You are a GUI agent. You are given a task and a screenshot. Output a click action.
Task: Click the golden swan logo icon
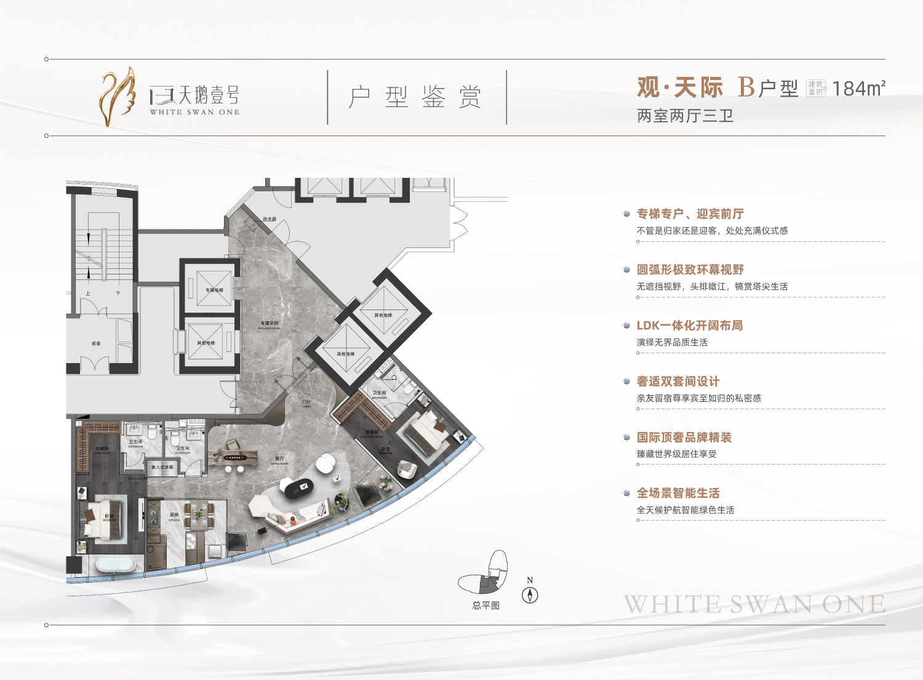tap(118, 97)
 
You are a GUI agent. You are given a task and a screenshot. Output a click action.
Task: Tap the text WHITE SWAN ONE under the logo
tap(194, 112)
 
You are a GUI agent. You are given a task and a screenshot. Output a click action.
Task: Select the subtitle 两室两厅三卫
tap(685, 116)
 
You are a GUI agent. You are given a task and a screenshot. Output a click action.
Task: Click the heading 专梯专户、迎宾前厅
tap(690, 214)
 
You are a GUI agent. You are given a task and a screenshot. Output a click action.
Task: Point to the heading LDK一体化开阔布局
tap(689, 326)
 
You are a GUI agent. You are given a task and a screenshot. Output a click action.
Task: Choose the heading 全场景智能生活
tap(677, 493)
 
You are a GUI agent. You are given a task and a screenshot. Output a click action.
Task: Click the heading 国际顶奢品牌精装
tap(684, 438)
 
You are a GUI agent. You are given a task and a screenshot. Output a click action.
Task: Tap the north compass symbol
tap(530, 594)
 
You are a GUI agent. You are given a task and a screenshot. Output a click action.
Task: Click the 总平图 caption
tap(485, 606)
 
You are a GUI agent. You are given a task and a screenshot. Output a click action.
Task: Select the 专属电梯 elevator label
tap(214, 290)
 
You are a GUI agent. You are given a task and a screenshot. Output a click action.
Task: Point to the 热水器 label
tap(270, 219)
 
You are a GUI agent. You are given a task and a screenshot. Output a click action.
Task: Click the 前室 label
tap(96, 343)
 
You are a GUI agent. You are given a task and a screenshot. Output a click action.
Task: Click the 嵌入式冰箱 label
tap(162, 468)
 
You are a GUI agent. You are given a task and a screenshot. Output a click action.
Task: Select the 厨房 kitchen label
tap(174, 515)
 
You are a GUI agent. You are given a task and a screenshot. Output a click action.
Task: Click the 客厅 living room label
tap(280, 459)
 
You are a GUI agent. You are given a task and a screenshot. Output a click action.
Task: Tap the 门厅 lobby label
tap(306, 402)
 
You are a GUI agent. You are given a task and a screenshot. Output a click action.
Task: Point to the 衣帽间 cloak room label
tap(102, 449)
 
